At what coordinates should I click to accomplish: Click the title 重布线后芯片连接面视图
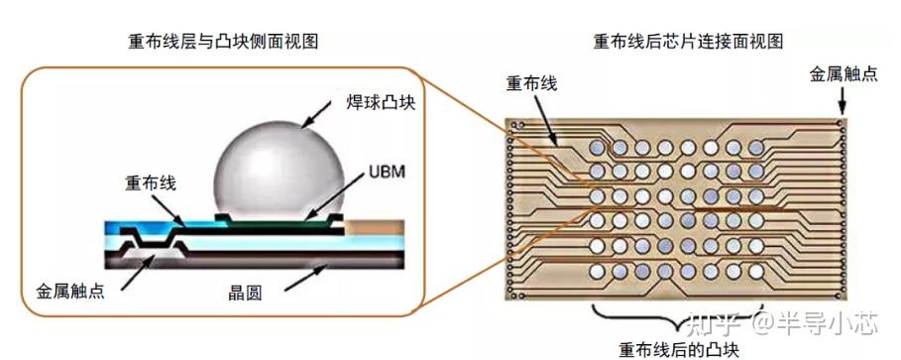click(x=688, y=41)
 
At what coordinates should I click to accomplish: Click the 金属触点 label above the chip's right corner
click(x=843, y=74)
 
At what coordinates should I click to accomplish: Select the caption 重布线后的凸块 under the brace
click(x=679, y=348)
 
